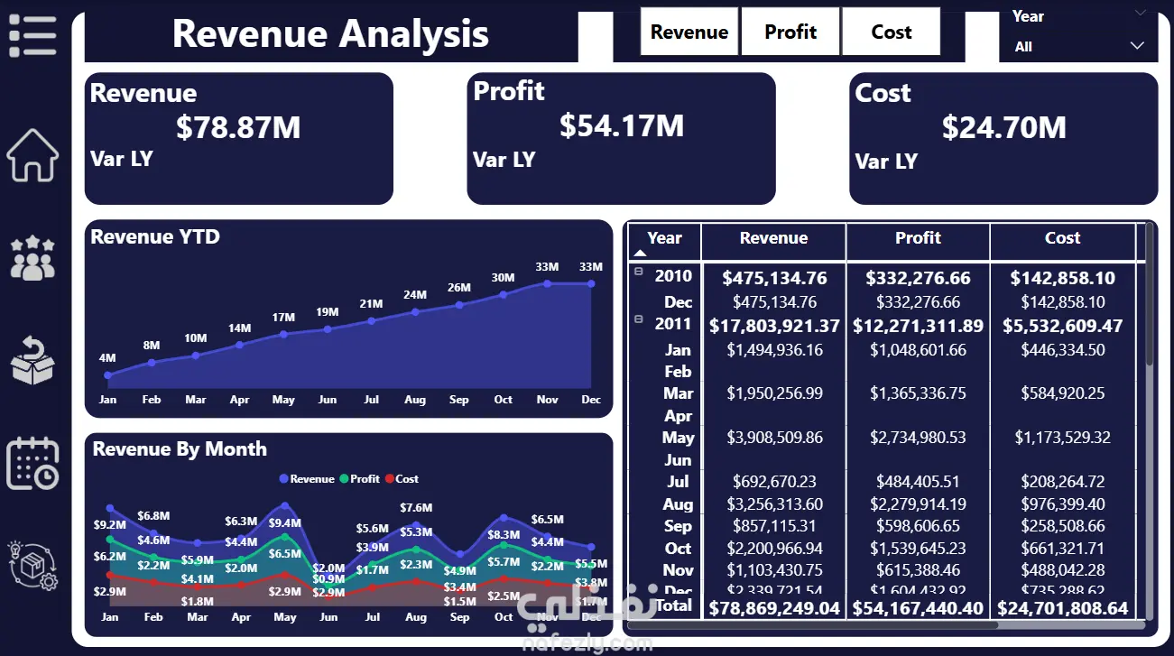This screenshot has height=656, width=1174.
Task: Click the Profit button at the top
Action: [x=790, y=32]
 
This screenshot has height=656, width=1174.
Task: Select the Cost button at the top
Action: [x=891, y=32]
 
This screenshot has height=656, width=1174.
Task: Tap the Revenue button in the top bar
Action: [x=689, y=32]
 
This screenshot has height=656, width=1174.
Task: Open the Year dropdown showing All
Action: [x=1078, y=46]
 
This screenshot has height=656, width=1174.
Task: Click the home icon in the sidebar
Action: [x=32, y=155]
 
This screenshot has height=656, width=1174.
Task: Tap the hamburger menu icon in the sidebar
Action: [x=32, y=36]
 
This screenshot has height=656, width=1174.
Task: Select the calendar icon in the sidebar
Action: [x=32, y=463]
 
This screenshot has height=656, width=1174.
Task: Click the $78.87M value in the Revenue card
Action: [x=238, y=127]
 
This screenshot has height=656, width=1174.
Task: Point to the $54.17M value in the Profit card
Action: [x=622, y=125]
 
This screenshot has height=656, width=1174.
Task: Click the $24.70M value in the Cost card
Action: [x=1003, y=127]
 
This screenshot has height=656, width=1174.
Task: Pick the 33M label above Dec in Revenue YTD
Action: [x=591, y=267]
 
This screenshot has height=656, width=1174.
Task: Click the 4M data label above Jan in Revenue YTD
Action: [x=107, y=358]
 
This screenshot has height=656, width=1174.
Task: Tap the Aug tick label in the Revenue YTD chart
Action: [x=415, y=400]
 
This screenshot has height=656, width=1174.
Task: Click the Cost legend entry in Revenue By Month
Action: [x=402, y=479]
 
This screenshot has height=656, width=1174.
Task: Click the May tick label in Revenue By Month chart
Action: [x=285, y=617]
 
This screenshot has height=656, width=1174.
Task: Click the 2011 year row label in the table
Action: [x=673, y=324]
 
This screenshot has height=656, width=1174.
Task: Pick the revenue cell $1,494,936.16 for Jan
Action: [x=774, y=350]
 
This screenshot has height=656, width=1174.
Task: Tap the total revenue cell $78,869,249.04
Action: [x=774, y=608]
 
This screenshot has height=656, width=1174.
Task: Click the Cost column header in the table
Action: [x=1062, y=238]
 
